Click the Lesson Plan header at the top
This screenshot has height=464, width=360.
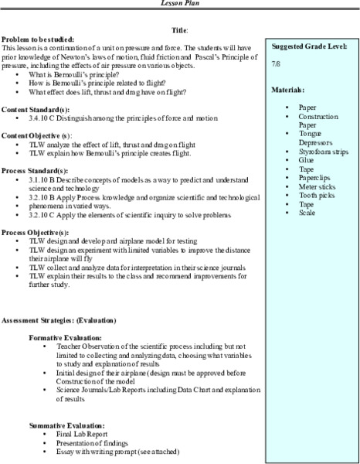180,5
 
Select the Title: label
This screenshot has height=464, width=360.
180,29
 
